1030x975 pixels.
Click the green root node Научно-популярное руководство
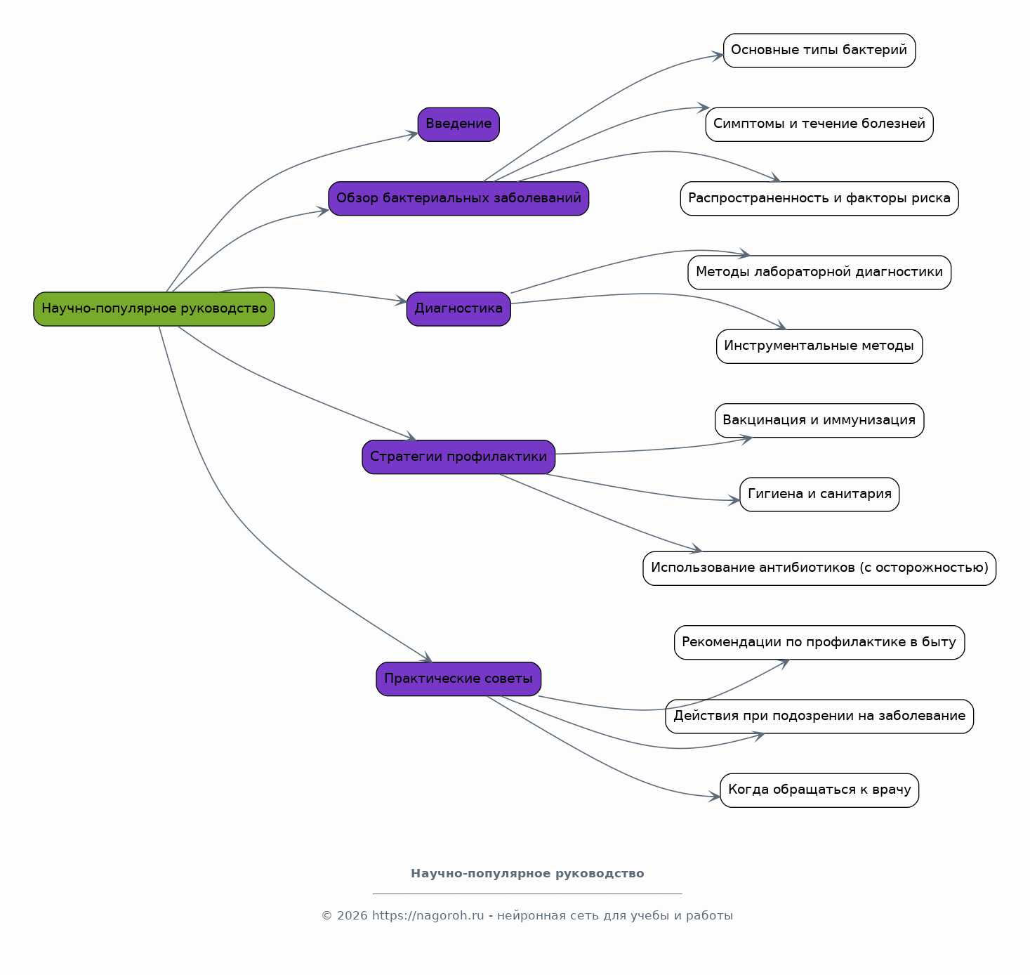[x=154, y=309]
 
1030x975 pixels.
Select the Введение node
[x=458, y=124]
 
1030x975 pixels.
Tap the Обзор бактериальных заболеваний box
[x=458, y=198]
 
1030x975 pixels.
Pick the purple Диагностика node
[x=458, y=309]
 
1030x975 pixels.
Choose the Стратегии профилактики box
[x=458, y=457]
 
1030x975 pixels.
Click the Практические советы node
[x=458, y=679]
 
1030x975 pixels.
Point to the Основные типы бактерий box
[x=819, y=51]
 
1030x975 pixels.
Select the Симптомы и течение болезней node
[x=819, y=124]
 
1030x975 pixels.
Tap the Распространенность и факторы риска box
[x=819, y=198]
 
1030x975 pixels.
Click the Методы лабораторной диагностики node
[x=819, y=272]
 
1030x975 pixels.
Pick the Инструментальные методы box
[x=819, y=346]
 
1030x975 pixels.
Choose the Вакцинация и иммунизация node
[x=819, y=420]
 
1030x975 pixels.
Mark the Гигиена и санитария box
[x=819, y=495]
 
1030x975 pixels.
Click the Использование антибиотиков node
[x=819, y=568]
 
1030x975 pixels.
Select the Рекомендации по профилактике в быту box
[x=819, y=642]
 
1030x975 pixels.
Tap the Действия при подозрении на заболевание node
[x=819, y=716]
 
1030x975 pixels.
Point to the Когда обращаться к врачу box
[x=819, y=790]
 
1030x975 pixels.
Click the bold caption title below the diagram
[x=527, y=873]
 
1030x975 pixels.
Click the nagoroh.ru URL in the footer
[x=428, y=915]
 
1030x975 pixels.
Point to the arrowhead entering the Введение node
[x=413, y=135]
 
